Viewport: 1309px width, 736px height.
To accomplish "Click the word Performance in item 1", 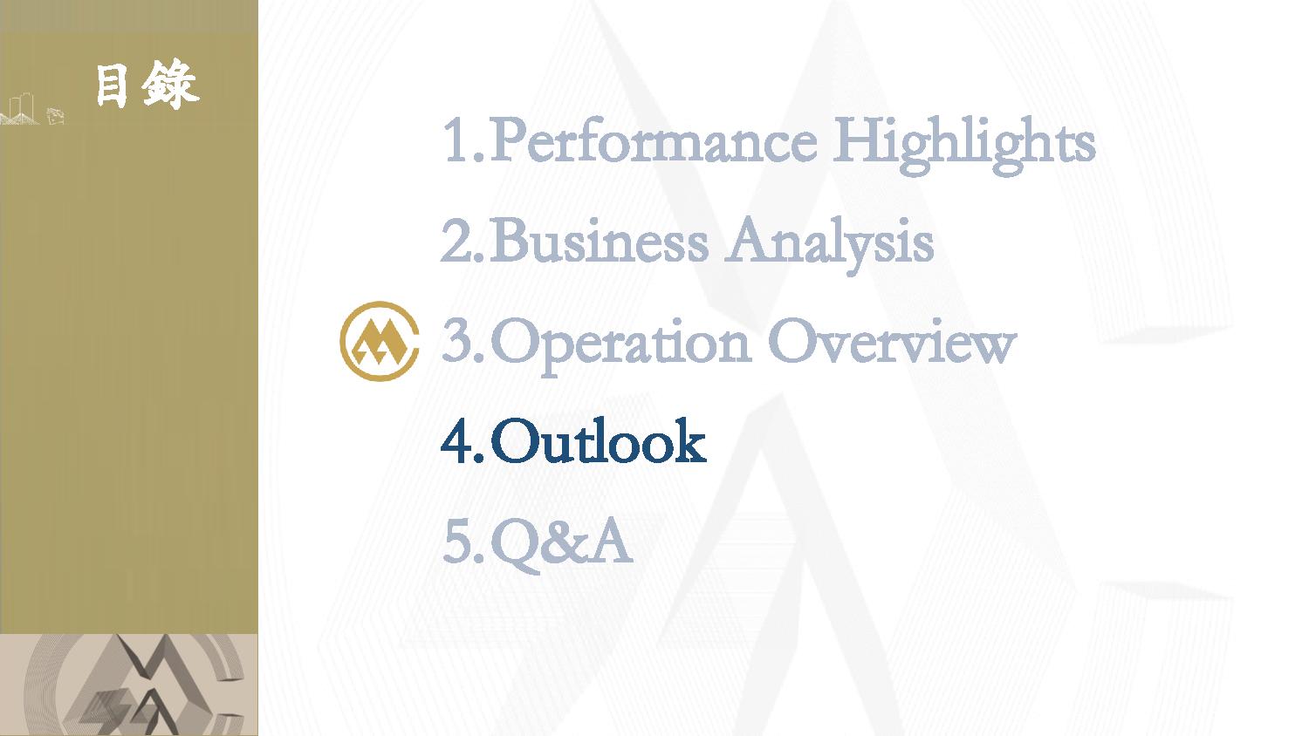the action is click(x=654, y=140).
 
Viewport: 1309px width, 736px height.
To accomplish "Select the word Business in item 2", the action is click(x=599, y=240).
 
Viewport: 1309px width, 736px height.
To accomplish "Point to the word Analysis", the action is click(x=829, y=245).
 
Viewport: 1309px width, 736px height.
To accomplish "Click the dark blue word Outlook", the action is click(x=599, y=441).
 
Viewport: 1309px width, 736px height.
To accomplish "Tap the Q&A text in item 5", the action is click(x=562, y=543).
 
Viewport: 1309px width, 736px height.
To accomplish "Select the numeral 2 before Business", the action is click(x=456, y=240).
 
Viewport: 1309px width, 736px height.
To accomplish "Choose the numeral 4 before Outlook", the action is click(x=457, y=441).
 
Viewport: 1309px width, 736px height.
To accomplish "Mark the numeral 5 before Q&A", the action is click(x=457, y=542).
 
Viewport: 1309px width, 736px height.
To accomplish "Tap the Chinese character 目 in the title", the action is click(x=112, y=85).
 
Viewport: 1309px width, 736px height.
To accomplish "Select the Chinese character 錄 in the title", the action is click(x=170, y=85).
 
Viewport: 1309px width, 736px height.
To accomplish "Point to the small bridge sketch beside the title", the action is click(x=20, y=110).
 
